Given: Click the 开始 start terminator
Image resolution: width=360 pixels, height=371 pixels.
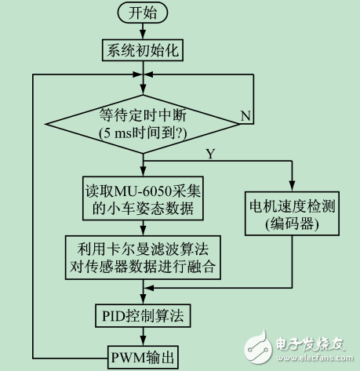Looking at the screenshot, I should [143, 14].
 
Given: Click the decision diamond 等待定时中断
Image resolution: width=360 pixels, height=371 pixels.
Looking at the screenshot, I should [143, 122].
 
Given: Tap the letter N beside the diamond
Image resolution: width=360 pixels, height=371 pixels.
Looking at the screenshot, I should [245, 115].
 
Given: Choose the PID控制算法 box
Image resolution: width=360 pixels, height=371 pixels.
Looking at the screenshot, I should [143, 317].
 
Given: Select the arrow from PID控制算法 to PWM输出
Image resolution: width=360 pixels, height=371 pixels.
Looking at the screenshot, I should [143, 334].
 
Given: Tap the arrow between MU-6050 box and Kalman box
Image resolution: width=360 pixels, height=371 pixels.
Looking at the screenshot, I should [143, 227].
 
